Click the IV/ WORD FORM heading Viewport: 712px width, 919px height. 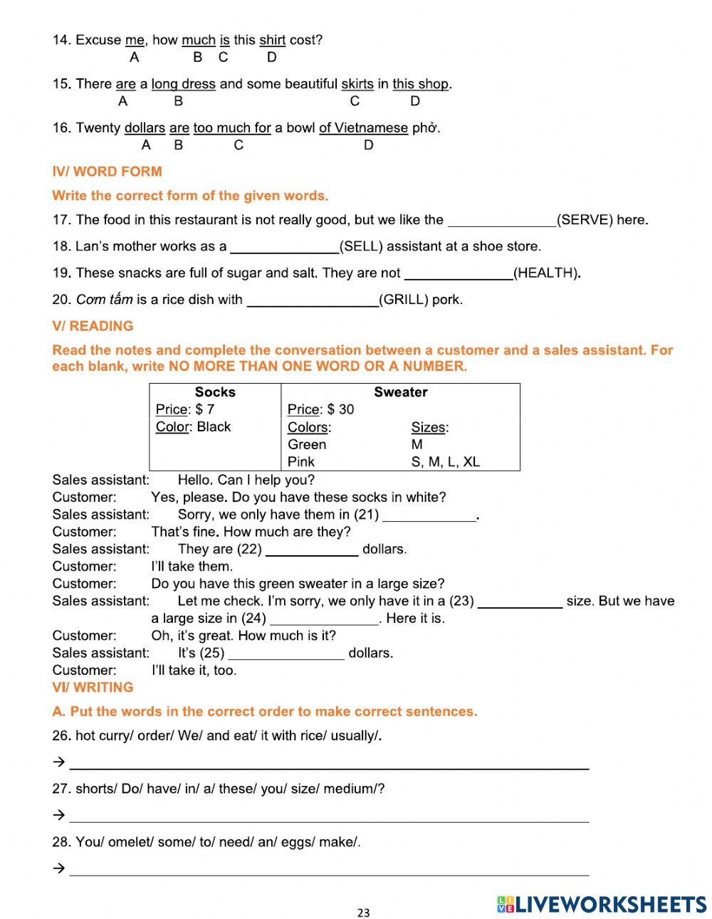(x=107, y=172)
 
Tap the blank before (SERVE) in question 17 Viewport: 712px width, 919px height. (x=501, y=220)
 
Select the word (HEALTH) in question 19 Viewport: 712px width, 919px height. (x=546, y=273)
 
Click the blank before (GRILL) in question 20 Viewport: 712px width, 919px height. (x=313, y=300)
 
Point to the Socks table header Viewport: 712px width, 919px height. (x=215, y=392)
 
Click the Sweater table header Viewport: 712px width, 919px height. (x=400, y=392)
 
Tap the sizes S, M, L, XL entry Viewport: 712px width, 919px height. (x=445, y=462)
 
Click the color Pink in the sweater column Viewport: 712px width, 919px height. (x=301, y=462)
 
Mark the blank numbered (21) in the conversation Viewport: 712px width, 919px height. (x=429, y=515)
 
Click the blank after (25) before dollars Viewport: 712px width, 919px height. (x=286, y=653)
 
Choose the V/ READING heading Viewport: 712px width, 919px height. (x=93, y=326)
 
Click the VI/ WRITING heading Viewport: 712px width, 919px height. (x=93, y=688)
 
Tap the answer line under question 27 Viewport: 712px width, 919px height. (x=329, y=816)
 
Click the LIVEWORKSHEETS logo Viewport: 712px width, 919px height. (x=601, y=904)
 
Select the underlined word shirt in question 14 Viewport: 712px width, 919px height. (x=272, y=41)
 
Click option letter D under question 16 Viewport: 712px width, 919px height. (x=368, y=145)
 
